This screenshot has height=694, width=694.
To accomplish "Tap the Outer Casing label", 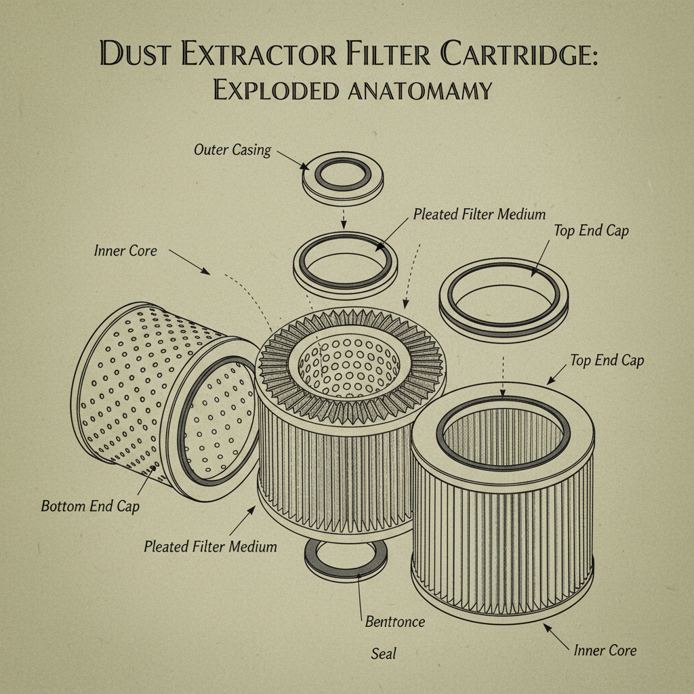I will [x=232, y=150].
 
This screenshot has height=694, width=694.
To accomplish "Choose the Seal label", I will [x=384, y=654].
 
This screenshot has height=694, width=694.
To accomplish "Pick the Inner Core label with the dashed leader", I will [x=125, y=251].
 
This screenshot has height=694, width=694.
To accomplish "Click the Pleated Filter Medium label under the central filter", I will [x=210, y=546].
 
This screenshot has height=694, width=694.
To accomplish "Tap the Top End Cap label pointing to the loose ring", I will [x=591, y=230].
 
